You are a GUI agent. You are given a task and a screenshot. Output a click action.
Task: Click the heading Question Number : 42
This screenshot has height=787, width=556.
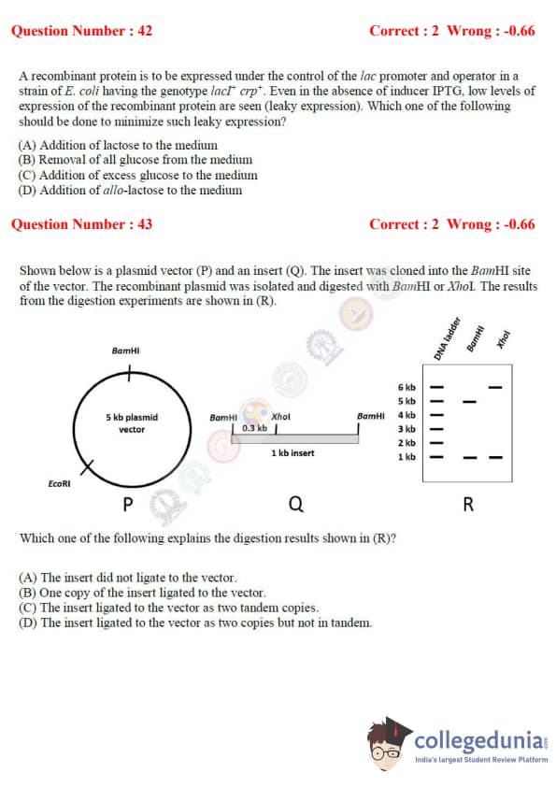tap(81, 31)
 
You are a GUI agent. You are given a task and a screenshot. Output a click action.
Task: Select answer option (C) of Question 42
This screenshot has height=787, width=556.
tap(138, 175)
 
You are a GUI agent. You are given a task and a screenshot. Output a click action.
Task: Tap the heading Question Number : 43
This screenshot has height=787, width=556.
tap(81, 223)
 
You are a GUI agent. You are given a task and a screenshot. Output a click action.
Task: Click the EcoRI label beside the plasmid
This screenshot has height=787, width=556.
tap(59, 483)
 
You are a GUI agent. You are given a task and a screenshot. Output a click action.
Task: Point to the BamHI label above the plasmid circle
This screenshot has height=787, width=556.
tap(125, 351)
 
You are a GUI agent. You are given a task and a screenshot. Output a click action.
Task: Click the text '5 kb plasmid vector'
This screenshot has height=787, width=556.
tap(132, 423)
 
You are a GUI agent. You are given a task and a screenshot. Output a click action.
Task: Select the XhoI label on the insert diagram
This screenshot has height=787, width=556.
tap(280, 417)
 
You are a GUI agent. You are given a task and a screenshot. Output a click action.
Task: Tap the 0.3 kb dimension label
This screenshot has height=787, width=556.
tap(254, 428)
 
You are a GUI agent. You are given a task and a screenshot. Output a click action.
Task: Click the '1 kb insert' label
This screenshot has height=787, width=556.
tap(292, 452)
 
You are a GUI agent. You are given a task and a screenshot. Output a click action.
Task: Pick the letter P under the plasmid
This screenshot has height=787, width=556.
tap(128, 504)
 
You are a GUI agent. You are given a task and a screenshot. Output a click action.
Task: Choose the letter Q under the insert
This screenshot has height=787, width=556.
tap(296, 504)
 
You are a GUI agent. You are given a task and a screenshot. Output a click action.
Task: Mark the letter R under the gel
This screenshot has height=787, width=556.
tap(468, 504)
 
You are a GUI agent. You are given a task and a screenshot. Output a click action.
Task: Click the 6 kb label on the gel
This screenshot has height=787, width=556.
tap(406, 387)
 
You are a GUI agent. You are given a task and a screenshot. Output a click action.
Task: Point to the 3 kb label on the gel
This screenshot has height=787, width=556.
tap(406, 429)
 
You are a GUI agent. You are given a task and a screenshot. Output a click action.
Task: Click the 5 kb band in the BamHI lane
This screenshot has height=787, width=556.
tap(470, 402)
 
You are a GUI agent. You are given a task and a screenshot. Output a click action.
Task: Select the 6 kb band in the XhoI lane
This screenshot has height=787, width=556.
tap(495, 387)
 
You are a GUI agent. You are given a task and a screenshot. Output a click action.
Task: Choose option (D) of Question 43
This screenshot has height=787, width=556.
tap(195, 622)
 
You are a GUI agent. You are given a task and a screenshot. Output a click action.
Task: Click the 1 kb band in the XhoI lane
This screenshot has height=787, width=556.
tap(495, 457)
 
